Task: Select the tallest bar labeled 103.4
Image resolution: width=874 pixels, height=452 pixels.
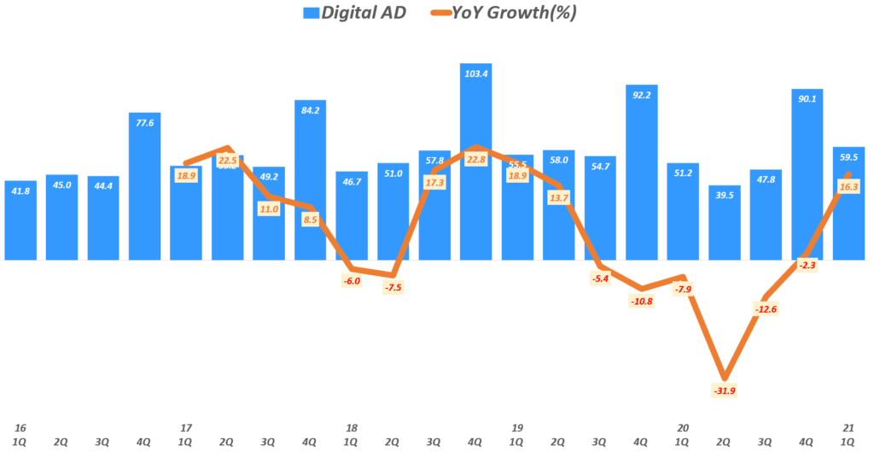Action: pyautogui.click(x=476, y=162)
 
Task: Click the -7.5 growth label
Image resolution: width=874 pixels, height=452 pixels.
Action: pyautogui.click(x=393, y=287)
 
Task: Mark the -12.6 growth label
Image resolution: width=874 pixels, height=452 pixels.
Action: pyautogui.click(x=766, y=308)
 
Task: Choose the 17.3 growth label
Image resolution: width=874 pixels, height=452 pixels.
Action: pyautogui.click(x=434, y=183)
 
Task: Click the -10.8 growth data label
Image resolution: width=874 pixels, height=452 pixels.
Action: pyautogui.click(x=642, y=301)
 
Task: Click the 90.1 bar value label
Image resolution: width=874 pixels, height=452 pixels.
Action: pyautogui.click(x=807, y=98)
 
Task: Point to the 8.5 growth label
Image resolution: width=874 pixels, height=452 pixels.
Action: pyautogui.click(x=310, y=219)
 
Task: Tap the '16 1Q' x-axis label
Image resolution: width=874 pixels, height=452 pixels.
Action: pyautogui.click(x=20, y=434)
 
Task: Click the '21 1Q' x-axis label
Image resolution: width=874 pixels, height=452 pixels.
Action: pyautogui.click(x=848, y=434)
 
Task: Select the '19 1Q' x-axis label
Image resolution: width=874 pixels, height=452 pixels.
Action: pyautogui.click(x=517, y=434)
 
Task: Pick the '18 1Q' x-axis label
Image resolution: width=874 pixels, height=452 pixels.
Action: pyautogui.click(x=352, y=434)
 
